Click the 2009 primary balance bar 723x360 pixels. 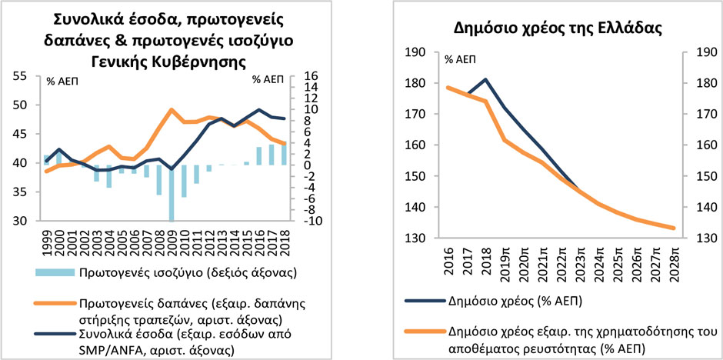pos(172,192)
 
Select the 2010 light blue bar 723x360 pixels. pos(185,181)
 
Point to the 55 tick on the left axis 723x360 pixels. pos(21,76)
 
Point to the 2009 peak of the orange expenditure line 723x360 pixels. pos(172,109)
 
